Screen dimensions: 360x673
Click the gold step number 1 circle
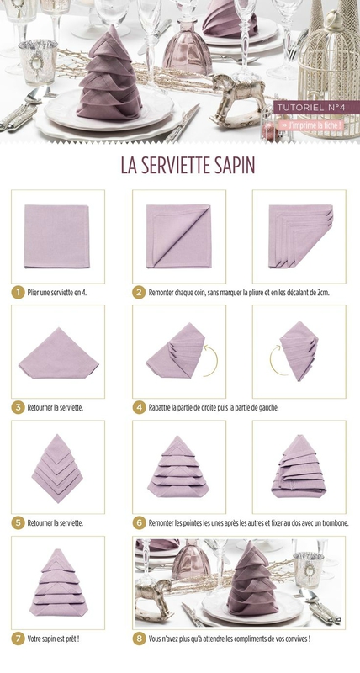18,293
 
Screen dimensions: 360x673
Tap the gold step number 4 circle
139,408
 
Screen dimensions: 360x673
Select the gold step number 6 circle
139,523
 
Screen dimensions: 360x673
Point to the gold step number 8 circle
139,639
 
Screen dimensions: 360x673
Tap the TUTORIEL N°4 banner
310,108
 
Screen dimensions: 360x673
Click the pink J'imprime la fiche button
311,125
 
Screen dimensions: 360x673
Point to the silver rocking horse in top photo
237,101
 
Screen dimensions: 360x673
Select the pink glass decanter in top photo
188,45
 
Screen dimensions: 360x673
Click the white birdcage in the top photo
330,73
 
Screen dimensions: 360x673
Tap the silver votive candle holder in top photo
38,61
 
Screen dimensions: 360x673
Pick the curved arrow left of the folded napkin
277,360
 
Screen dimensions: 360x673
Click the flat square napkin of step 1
56,236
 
